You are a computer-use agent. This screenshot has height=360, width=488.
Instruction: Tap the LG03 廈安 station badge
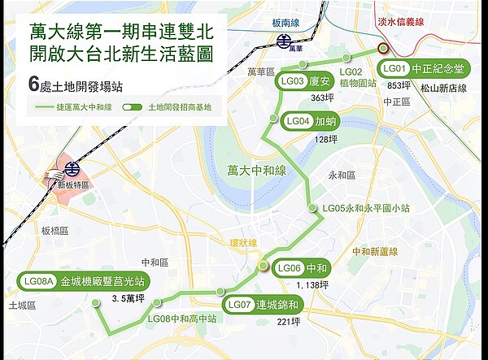pos(305,81)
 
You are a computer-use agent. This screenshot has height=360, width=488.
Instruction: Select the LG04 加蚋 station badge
pos(309,122)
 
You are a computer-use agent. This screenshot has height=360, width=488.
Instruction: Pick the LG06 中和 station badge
pos(302,268)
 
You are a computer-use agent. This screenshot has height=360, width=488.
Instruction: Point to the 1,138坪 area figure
pos(312,285)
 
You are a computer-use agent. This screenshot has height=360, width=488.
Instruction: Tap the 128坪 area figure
pos(325,139)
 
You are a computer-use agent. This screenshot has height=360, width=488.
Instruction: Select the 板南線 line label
pos(285,24)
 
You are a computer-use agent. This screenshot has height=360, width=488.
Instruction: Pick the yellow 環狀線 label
pos(242,243)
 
